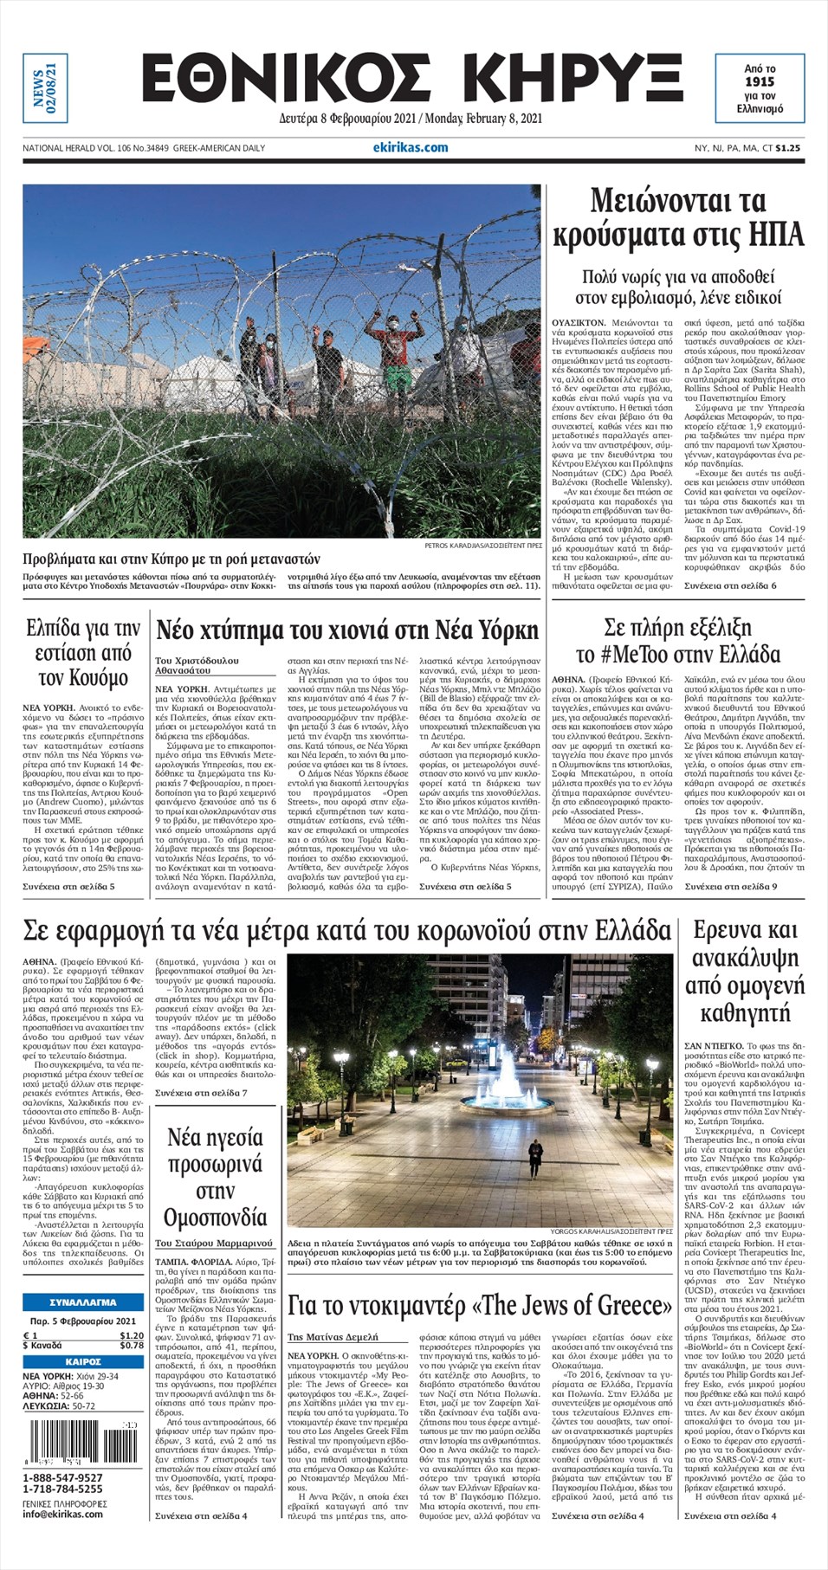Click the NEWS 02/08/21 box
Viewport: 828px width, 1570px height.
(x=45, y=87)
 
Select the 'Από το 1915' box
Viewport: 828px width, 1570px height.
(x=759, y=88)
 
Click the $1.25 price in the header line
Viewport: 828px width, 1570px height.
(x=787, y=148)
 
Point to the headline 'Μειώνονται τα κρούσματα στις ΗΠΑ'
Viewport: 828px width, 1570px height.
(x=678, y=218)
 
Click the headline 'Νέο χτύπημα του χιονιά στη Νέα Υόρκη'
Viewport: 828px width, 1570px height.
(x=347, y=631)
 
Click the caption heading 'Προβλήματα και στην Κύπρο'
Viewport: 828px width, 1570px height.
(x=171, y=559)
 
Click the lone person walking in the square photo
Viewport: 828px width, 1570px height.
(x=535, y=1153)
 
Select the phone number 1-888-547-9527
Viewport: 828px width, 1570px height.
(x=62, y=1477)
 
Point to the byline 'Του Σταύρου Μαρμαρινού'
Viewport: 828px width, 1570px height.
(x=214, y=1244)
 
